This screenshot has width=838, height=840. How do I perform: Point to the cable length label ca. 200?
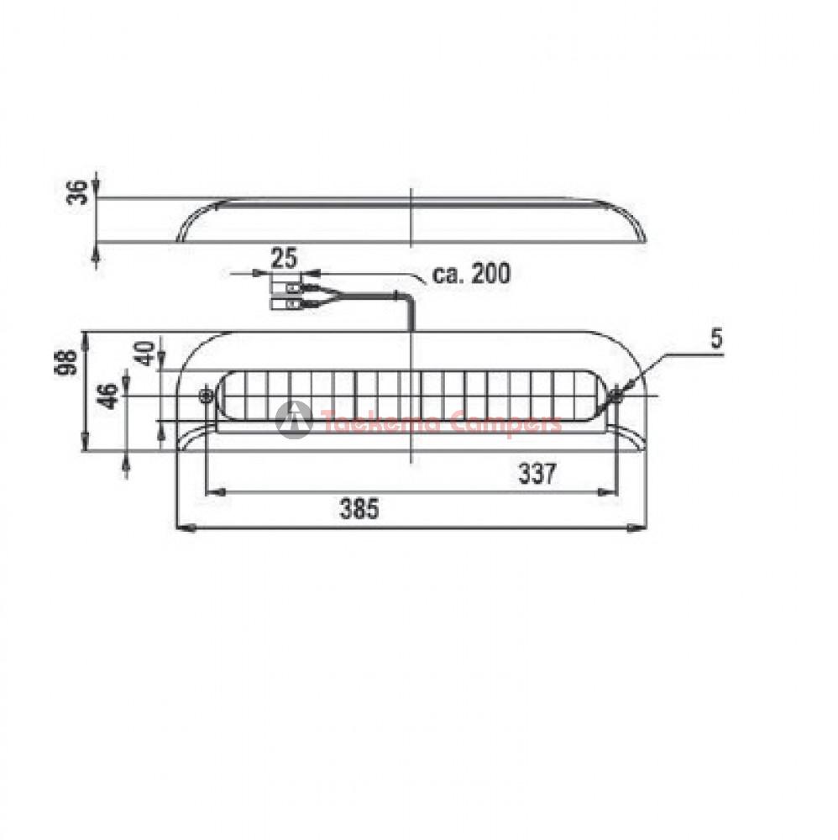coord(471,274)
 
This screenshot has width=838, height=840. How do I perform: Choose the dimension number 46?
coord(107,396)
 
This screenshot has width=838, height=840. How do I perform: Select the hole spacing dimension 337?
coord(536,475)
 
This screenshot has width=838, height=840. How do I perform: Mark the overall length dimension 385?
coord(359,508)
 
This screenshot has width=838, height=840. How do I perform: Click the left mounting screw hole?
coord(205,396)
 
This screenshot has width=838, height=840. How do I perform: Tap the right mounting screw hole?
coord(615,396)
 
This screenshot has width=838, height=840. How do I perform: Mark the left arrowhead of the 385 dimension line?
coord(185,528)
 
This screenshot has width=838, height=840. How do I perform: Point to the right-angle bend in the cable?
coord(407,297)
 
